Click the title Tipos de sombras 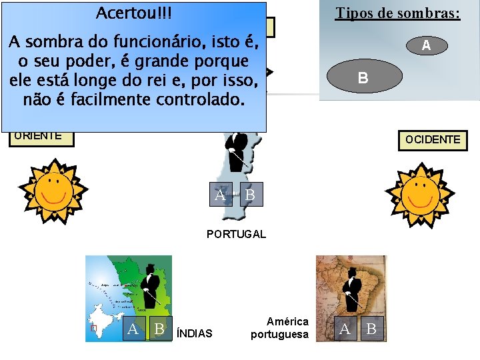397,13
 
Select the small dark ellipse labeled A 425,45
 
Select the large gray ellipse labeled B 363,77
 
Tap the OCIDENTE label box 433,140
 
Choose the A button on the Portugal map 220,195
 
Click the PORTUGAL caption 236,234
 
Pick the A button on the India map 133,329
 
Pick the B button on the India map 159,329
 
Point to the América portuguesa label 280,328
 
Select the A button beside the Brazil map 345,329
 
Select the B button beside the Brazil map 371,329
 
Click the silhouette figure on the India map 150,283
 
